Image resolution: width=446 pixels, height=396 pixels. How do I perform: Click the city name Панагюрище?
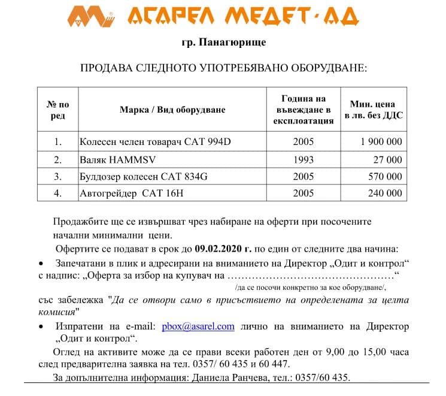pyautogui.click(x=224, y=43)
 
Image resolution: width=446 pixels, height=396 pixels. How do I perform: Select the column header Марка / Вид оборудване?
pyautogui.click(x=172, y=110)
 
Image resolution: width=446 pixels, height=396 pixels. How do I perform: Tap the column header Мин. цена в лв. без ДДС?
pyautogui.click(x=374, y=110)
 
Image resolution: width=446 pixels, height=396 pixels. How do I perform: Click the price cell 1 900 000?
pyautogui.click(x=381, y=143)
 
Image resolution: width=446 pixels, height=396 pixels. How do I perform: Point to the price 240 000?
pyautogui.click(x=385, y=194)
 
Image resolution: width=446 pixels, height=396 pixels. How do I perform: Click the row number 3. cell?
pyautogui.click(x=58, y=177)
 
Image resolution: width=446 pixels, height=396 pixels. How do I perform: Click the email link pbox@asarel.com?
pyautogui.click(x=198, y=327)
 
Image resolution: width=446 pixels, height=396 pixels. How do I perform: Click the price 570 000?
pyautogui.click(x=385, y=177)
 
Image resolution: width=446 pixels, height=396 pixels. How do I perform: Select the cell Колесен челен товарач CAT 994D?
pyautogui.click(x=154, y=143)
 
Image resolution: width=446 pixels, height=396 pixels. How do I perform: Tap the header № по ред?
pyautogui.click(x=58, y=110)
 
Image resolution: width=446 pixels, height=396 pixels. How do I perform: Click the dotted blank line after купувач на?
pyautogui.click(x=311, y=276)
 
